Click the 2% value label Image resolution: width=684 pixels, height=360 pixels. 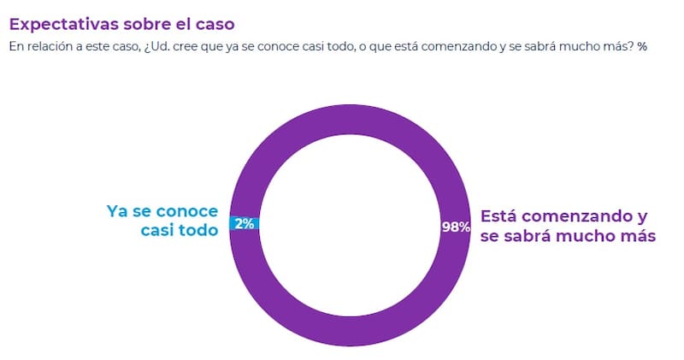click(245, 224)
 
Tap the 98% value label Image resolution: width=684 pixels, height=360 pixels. click(456, 227)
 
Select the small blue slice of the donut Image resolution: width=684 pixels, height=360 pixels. click(245, 224)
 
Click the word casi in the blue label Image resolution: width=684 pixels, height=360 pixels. click(156, 231)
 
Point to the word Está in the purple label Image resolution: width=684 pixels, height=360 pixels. click(502, 215)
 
